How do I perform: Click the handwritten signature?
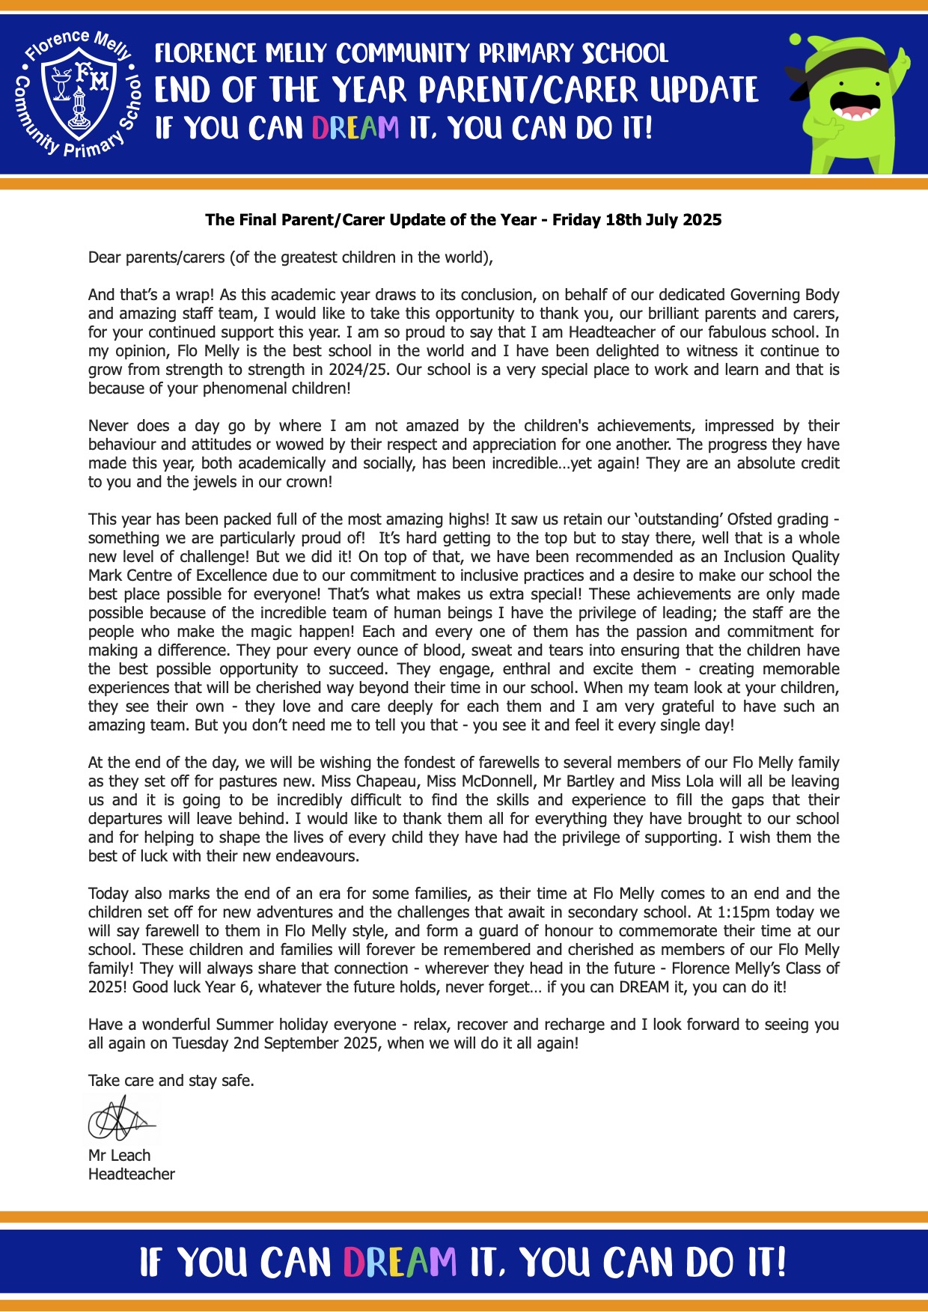[x=120, y=1120]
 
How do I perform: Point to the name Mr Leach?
[x=119, y=1156]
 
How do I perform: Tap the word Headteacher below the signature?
[x=132, y=1174]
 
